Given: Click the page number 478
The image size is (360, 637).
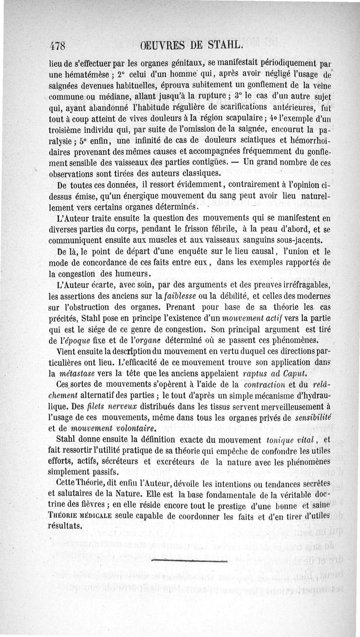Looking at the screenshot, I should [57, 46].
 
